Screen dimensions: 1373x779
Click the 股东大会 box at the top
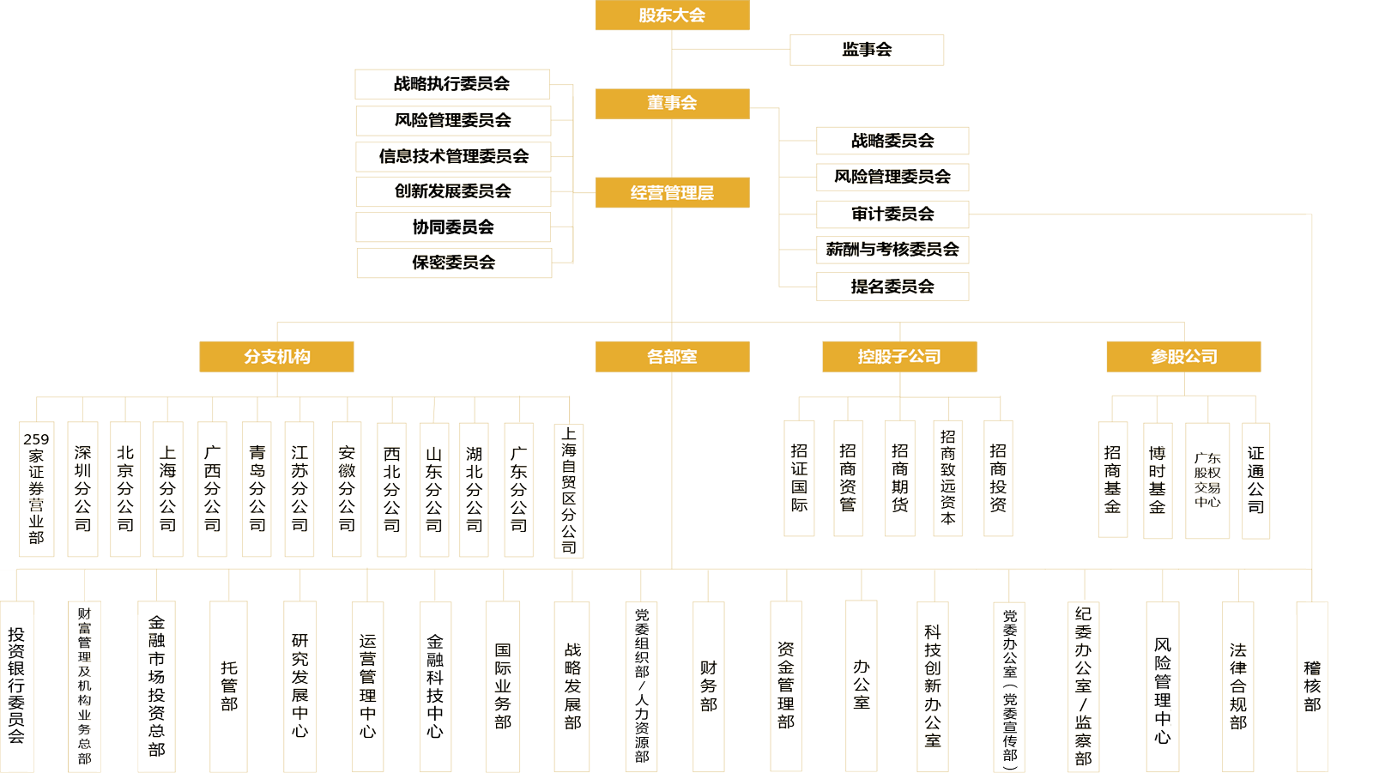point(672,15)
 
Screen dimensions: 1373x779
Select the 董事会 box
point(672,103)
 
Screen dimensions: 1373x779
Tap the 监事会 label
point(867,50)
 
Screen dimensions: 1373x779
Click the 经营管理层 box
point(672,192)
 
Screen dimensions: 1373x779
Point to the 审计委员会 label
point(892,214)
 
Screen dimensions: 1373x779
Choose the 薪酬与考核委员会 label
point(892,250)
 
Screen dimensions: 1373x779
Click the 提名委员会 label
point(892,287)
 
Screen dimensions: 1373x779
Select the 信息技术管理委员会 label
point(453,156)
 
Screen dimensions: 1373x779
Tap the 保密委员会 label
point(453,263)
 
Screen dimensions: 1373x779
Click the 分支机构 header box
point(276,357)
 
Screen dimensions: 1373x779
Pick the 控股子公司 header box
point(899,357)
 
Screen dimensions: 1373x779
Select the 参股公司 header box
point(1183,357)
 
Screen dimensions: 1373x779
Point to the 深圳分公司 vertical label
point(82,488)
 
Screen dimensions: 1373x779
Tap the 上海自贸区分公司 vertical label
point(568,490)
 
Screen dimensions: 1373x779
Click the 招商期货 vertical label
point(899,478)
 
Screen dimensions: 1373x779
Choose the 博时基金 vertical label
point(1157,480)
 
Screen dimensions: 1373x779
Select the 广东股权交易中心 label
point(1207,480)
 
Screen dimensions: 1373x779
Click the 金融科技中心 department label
point(434,686)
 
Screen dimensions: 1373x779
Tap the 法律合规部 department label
point(1237,686)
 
